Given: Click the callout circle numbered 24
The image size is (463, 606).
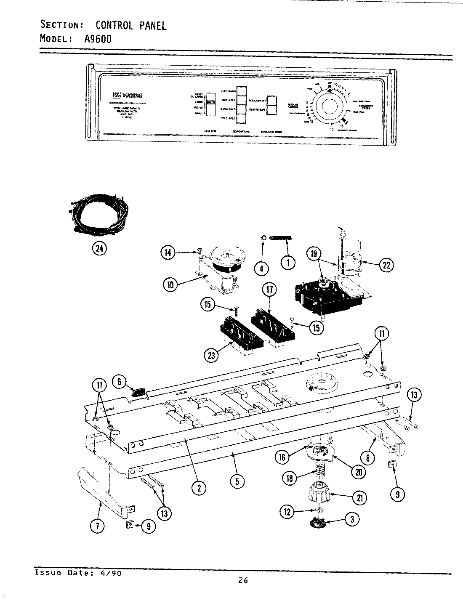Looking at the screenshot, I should [99, 249].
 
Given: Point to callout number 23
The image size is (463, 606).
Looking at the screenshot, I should [211, 356].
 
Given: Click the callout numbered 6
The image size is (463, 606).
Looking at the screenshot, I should [120, 382].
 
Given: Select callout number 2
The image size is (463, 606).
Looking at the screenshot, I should [199, 488].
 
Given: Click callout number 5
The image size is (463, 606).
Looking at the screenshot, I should [237, 482].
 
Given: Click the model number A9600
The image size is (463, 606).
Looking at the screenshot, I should [98, 39].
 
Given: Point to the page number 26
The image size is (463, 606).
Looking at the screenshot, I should [243, 580].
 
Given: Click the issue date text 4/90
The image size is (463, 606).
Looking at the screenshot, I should [113, 573].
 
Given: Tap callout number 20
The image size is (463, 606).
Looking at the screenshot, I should [358, 472].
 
